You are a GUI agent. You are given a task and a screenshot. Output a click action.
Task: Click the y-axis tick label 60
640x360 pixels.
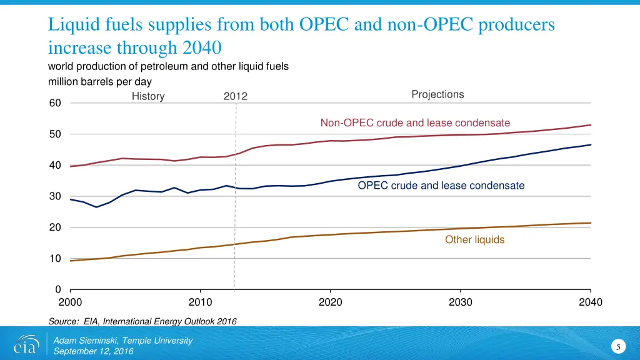click(55, 103)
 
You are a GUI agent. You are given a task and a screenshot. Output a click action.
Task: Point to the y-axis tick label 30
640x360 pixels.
click(55, 196)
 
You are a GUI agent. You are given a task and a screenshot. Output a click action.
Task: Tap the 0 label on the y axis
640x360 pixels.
click(57, 289)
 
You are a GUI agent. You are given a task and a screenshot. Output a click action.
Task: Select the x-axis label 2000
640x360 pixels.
click(70, 302)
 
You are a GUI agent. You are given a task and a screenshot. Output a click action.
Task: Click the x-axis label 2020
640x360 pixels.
click(331, 302)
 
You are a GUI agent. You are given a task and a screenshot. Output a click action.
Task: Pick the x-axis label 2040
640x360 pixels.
click(591, 302)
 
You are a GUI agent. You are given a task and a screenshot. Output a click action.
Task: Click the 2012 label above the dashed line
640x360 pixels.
click(235, 96)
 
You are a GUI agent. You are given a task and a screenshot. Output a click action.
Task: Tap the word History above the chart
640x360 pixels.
click(148, 96)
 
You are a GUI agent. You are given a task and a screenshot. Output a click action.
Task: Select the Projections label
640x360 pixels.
click(437, 94)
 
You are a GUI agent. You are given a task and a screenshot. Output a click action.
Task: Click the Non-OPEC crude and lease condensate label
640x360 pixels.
click(415, 122)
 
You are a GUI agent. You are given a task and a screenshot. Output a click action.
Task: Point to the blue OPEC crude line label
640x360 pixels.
click(441, 186)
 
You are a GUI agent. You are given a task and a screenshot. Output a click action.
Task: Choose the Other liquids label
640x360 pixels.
click(474, 239)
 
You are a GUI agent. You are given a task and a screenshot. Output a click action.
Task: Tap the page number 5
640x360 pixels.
click(617, 347)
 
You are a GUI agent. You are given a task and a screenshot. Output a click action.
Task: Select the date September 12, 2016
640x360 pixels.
click(93, 351)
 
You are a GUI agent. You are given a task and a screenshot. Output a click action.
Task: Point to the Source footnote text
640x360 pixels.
click(142, 321)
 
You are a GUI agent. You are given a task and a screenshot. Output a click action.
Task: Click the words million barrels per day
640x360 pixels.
click(100, 81)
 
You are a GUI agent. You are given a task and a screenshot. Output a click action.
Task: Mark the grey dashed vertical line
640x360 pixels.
click(235, 200)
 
